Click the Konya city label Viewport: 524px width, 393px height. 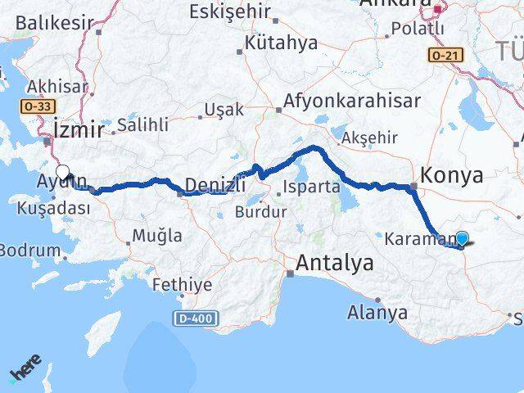451,175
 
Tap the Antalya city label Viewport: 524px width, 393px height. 335,264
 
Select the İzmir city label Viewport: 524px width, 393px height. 79,129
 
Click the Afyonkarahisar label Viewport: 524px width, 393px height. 353,101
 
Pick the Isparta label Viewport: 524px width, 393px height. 311,187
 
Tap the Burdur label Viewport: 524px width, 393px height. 260,212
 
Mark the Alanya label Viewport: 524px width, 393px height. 377,312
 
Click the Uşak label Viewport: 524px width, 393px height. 224,110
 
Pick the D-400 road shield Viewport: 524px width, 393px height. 191,317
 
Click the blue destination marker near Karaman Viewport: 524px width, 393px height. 462,238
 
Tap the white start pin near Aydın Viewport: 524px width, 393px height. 62,173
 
